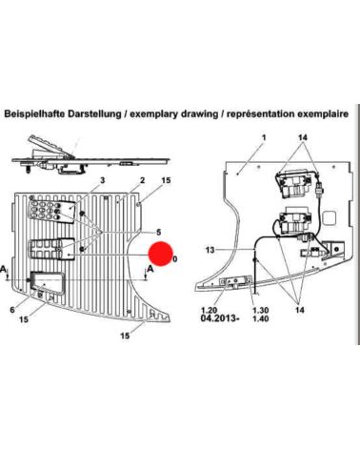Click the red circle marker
[161, 254]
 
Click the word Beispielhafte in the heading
[34, 114]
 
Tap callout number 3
[102, 180]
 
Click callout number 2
[142, 180]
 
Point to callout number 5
[159, 233]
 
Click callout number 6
[12, 309]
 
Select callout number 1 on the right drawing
[264, 137]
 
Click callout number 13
[210, 250]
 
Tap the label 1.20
[209, 310]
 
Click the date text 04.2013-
[220, 318]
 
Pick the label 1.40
[261, 318]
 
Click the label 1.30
[261, 310]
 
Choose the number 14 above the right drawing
[303, 137]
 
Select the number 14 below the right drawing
[299, 310]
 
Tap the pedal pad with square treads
[51, 250]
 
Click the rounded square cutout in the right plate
[329, 218]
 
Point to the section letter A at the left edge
[3, 270]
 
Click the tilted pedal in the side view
[50, 147]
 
